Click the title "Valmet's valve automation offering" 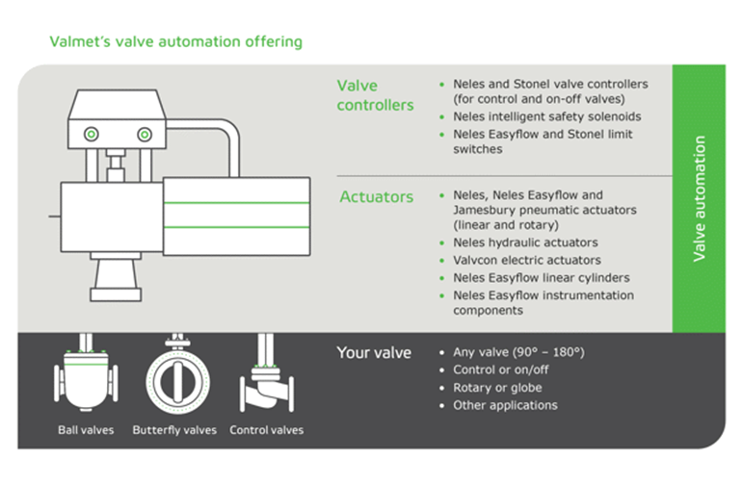pyautogui.click(x=175, y=41)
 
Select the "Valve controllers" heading pyautogui.click(x=375, y=95)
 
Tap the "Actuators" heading pyautogui.click(x=376, y=197)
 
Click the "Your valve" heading pyautogui.click(x=374, y=353)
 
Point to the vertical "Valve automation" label pyautogui.click(x=700, y=198)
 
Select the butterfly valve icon pyautogui.click(x=175, y=376)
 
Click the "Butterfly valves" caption pyautogui.click(x=174, y=430)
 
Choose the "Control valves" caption pyautogui.click(x=266, y=430)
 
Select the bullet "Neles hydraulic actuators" pyautogui.click(x=525, y=242)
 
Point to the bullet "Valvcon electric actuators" pyautogui.click(x=527, y=260)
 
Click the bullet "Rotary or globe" pyautogui.click(x=497, y=388)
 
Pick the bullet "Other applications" pyautogui.click(x=505, y=405)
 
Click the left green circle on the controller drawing pyautogui.click(x=92, y=132)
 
